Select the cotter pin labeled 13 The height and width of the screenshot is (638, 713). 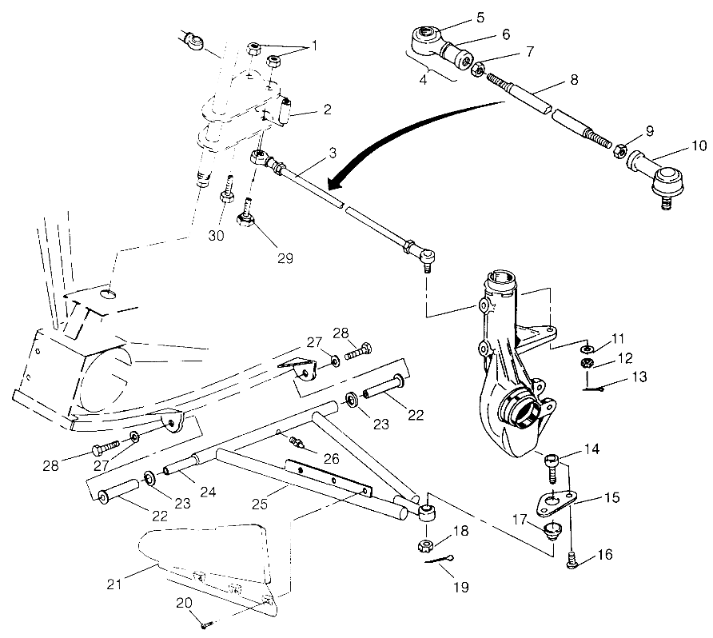tap(592, 388)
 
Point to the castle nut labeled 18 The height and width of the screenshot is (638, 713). tap(424, 546)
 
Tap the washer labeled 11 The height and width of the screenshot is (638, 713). tap(588, 350)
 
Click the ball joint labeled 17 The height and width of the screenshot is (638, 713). tap(549, 529)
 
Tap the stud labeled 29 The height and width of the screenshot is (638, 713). tap(245, 213)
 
